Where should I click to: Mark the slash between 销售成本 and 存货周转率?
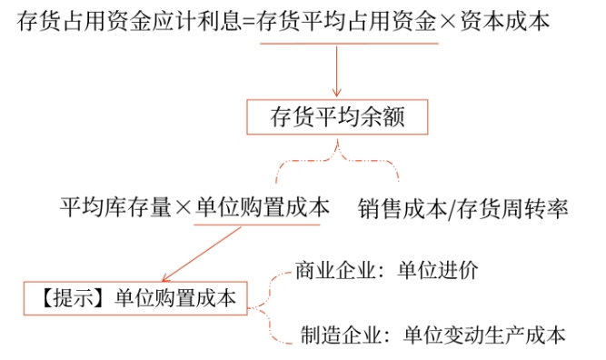pos(452,209)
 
